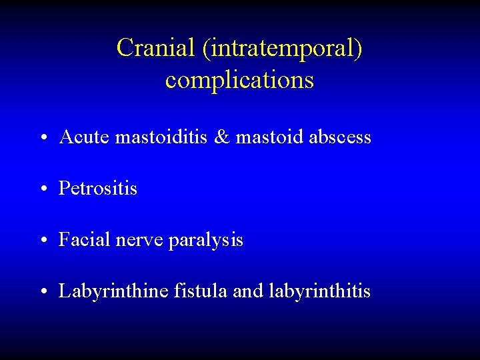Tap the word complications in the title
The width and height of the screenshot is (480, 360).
point(239,80)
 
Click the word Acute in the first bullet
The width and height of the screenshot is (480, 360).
point(84,137)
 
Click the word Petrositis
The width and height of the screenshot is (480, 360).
point(98,189)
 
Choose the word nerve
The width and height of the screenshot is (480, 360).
point(137,240)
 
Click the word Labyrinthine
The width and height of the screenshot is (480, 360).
point(113,291)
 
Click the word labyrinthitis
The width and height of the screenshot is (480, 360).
point(320,291)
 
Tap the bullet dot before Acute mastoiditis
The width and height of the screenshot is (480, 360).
point(42,139)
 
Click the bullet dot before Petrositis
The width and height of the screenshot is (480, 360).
point(42,190)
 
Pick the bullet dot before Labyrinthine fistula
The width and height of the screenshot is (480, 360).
point(42,293)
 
